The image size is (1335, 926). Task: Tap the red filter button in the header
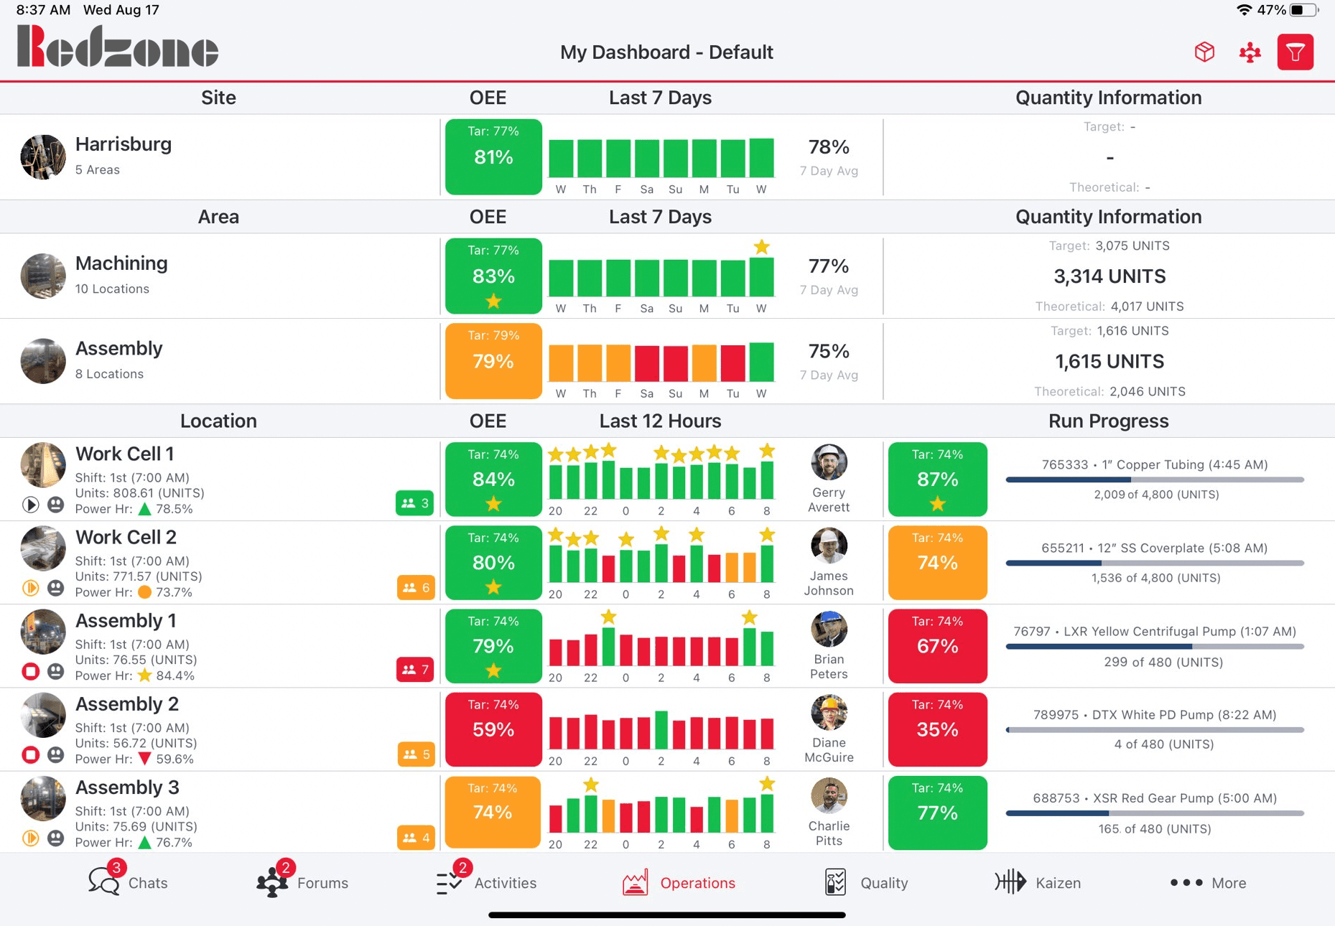point(1295,52)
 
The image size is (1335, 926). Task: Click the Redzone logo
point(118,47)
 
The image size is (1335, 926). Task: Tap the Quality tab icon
point(835,882)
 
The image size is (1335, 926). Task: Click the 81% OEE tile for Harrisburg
point(493,156)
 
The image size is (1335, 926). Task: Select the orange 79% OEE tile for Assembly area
point(493,361)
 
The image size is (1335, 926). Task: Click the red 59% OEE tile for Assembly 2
point(493,729)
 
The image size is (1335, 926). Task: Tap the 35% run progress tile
point(937,729)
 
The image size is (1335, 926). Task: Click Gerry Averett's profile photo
point(829,462)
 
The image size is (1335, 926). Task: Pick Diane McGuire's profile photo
point(829,712)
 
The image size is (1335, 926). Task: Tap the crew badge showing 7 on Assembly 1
point(415,670)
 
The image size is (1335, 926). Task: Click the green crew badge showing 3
point(414,503)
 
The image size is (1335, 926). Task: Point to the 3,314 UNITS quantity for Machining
point(1109,276)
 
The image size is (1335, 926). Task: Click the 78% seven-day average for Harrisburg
point(829,148)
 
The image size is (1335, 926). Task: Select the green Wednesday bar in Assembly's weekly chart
point(761,363)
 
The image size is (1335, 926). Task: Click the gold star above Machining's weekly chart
point(761,248)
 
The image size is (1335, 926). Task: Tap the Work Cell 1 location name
point(125,454)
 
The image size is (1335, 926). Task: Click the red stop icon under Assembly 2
point(30,755)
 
